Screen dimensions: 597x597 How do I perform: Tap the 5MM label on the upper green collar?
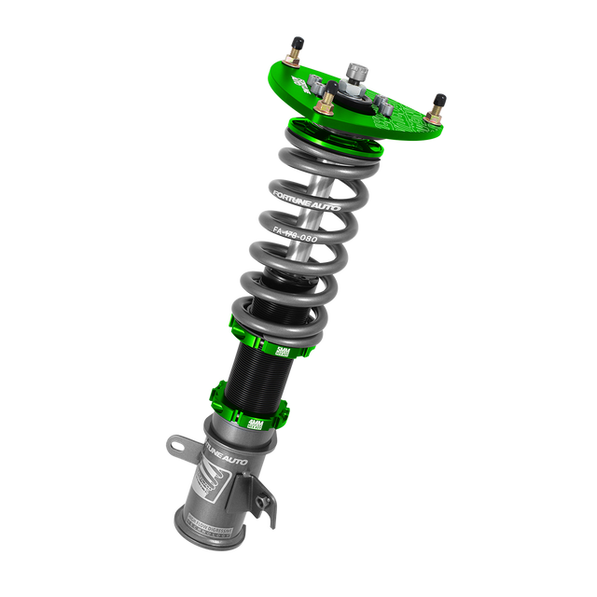tap(283, 350)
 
